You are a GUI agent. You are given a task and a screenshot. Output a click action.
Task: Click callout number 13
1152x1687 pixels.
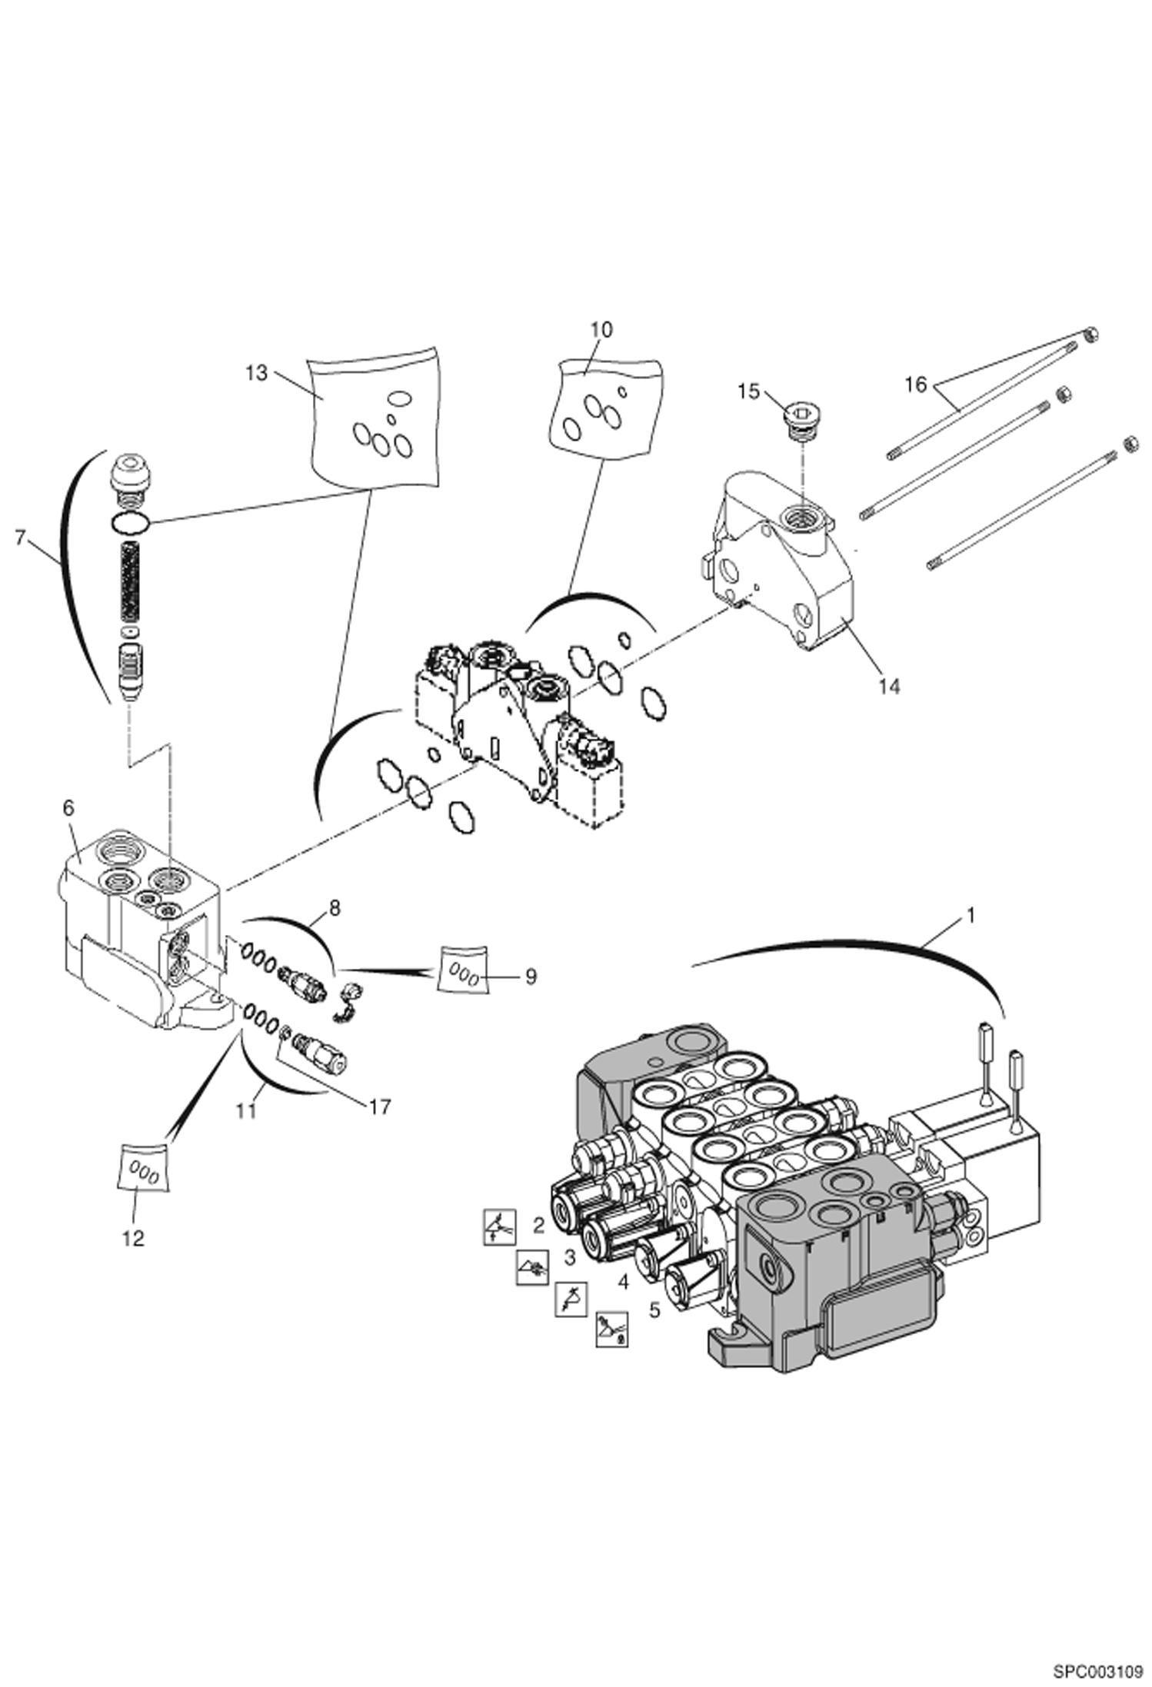(256, 373)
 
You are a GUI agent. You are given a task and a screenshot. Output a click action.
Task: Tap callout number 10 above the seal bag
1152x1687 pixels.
(601, 329)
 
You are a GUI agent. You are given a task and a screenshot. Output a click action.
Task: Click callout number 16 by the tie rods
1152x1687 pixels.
(916, 384)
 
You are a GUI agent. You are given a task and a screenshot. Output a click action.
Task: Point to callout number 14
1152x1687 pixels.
(889, 686)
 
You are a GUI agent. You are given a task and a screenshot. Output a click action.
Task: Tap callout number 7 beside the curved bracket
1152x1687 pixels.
(21, 538)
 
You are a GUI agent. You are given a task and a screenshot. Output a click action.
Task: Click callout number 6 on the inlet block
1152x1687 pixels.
(68, 808)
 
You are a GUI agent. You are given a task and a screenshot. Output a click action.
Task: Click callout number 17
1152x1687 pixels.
(380, 1106)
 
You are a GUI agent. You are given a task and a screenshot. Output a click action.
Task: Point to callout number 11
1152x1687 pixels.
(246, 1112)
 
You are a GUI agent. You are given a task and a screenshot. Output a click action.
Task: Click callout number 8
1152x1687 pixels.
(334, 908)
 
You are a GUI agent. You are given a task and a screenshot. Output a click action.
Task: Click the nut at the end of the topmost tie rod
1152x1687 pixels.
(1090, 334)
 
